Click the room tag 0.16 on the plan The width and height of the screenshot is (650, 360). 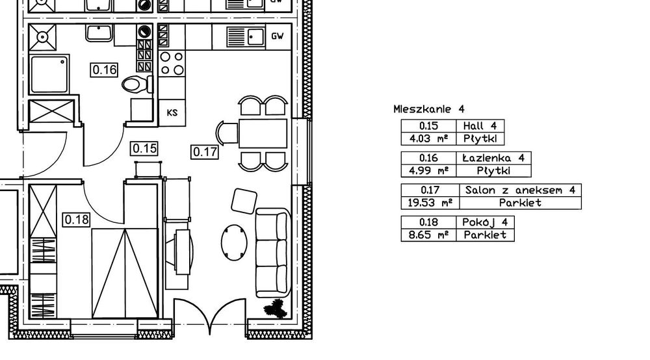105,70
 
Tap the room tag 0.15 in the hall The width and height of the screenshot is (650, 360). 144,148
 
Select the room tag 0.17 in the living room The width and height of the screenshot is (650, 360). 205,152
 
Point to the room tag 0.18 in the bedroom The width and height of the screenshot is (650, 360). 77,220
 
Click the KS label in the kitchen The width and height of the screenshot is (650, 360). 172,112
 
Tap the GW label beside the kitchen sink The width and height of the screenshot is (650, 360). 278,36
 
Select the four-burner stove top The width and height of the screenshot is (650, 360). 172,64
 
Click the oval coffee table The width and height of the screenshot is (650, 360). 234,243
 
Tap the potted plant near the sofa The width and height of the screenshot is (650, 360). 275,309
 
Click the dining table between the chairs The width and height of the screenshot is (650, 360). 263,133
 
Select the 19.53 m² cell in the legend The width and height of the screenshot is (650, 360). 430,203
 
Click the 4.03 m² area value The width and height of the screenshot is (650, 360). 428,139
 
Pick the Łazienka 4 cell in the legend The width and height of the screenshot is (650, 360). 493,158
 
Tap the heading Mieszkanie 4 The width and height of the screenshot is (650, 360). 429,109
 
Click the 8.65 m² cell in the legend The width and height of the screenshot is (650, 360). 428,235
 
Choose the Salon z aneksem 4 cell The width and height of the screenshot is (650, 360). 520,190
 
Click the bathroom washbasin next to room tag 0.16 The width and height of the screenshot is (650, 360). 99,33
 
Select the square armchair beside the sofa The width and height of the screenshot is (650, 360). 244,201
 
